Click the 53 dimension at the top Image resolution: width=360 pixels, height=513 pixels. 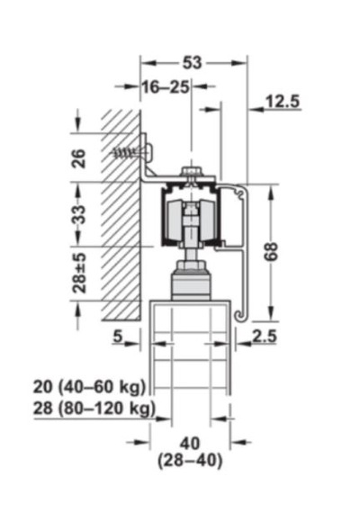(x=192, y=62)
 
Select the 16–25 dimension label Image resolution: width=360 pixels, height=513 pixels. (x=166, y=87)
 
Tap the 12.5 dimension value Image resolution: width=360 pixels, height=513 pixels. (x=282, y=102)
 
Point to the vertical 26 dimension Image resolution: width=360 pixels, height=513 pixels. (x=79, y=158)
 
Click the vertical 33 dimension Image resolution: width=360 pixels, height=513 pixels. (x=79, y=214)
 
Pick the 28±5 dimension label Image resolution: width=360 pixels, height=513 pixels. (x=79, y=273)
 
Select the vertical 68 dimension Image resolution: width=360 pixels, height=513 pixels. (x=271, y=252)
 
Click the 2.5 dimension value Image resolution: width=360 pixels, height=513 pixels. (x=264, y=336)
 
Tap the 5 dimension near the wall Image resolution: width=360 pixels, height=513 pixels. (x=118, y=336)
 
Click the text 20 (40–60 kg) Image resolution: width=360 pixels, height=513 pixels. (x=89, y=387)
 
